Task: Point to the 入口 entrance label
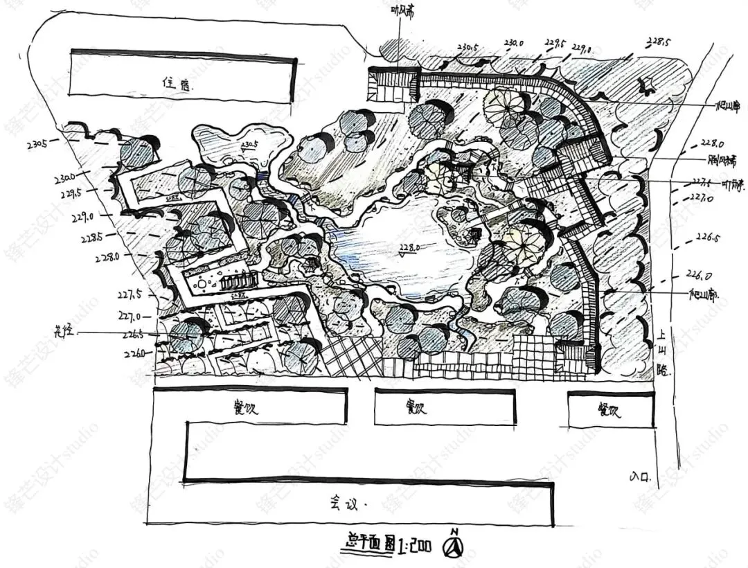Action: (x=641, y=476)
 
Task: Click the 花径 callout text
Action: (x=64, y=332)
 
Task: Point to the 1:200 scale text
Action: (x=413, y=546)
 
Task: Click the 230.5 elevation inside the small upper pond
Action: (x=249, y=145)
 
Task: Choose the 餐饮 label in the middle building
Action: (x=413, y=407)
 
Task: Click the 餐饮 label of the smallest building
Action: (x=609, y=410)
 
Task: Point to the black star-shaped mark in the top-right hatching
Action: (x=648, y=86)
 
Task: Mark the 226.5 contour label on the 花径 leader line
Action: (x=133, y=337)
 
